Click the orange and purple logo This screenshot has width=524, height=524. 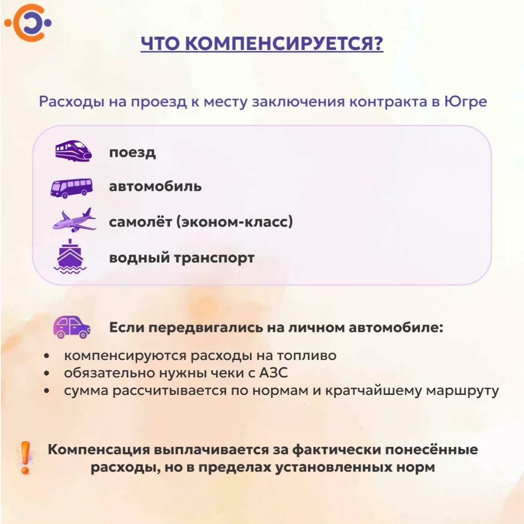click(x=28, y=23)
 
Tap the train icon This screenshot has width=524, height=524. click(x=74, y=151)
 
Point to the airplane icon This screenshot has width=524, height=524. click(x=74, y=220)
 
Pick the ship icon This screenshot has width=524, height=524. click(x=70, y=256)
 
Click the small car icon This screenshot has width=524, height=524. click(x=72, y=327)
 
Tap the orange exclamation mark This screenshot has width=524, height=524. click(x=25, y=458)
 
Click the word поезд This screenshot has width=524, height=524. click(x=132, y=153)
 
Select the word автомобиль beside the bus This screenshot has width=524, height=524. click(x=155, y=186)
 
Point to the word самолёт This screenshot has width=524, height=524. click(x=140, y=222)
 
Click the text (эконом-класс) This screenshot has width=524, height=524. click(x=235, y=222)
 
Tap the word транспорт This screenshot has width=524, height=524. click(x=214, y=258)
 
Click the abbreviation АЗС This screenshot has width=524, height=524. click(x=273, y=373)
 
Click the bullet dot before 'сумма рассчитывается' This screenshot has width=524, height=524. click(x=47, y=390)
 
